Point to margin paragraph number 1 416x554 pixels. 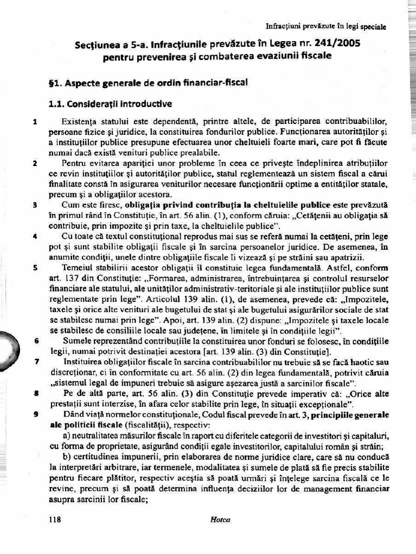click(35, 122)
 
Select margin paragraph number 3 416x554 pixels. click(35, 205)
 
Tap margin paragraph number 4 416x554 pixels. click(35, 236)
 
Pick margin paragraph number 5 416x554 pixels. click(35, 267)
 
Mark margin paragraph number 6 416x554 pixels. click(36, 341)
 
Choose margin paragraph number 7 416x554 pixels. click(36, 361)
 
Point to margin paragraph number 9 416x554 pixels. click(35, 414)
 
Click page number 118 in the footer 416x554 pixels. click(55, 519)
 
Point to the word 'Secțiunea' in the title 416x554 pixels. click(97, 44)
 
